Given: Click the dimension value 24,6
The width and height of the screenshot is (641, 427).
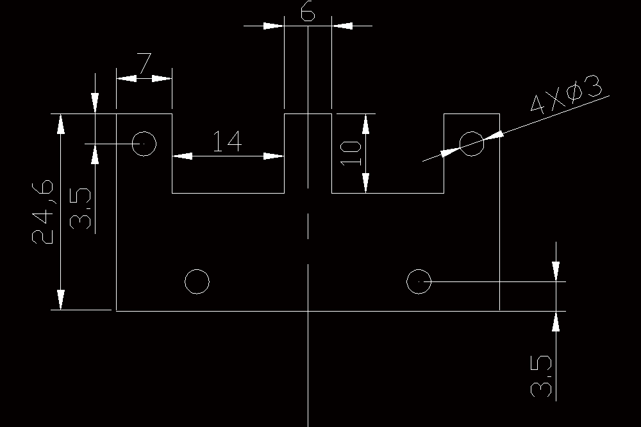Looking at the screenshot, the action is (x=42, y=212).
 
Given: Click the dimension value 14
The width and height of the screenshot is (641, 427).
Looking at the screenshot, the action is (x=228, y=141).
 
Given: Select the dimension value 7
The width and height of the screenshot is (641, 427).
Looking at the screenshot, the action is (x=144, y=63).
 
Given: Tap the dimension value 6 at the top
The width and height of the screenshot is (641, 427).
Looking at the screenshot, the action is (x=308, y=11).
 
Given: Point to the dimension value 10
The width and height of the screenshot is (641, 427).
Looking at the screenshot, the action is (x=351, y=153).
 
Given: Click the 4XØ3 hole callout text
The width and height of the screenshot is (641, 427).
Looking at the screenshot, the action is (x=566, y=94).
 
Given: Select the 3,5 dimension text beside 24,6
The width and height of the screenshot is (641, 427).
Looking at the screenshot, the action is (x=80, y=208).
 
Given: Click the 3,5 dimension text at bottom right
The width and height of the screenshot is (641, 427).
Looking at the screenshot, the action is (x=541, y=376).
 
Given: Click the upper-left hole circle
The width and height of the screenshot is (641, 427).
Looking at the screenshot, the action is (x=144, y=144).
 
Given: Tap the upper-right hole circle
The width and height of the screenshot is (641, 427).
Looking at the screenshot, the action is (x=472, y=144).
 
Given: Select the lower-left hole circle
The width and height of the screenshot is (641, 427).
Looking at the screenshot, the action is (x=197, y=281).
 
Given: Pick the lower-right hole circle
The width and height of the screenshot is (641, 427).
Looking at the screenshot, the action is (x=419, y=281).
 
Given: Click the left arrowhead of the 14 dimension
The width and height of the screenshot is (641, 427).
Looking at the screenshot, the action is (x=182, y=156).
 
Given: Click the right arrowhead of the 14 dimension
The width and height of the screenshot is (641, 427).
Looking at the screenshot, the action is (x=274, y=156).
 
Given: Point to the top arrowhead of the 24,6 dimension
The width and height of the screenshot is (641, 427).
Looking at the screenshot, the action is (x=61, y=124).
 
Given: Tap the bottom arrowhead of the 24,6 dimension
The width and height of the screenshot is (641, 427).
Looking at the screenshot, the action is (x=61, y=300).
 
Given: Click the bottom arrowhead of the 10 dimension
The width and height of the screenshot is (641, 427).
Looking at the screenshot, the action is (x=366, y=183).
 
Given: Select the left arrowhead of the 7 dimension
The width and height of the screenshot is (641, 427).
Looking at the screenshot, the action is (x=126, y=78).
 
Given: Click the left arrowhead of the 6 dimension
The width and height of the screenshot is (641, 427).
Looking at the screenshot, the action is (x=274, y=26).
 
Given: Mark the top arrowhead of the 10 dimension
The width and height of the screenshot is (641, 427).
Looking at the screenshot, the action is (x=366, y=124).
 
